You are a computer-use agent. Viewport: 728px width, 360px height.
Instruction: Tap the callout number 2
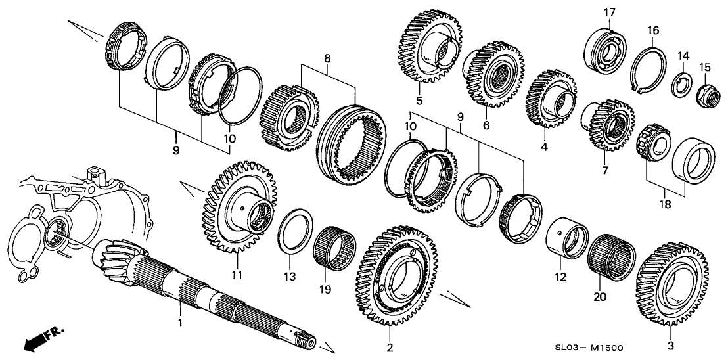(x=390, y=347)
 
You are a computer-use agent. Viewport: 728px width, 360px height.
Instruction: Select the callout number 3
(x=671, y=346)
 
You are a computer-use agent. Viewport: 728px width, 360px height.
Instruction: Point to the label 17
(x=609, y=11)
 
